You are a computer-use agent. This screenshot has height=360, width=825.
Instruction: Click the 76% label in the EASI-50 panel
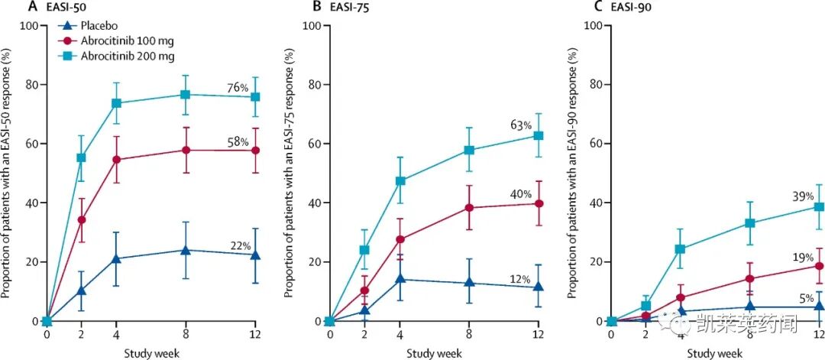(238, 89)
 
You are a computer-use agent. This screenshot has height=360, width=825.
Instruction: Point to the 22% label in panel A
(241, 245)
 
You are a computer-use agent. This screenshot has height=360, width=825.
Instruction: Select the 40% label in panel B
(522, 194)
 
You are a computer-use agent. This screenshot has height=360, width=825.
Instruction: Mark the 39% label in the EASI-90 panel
(803, 196)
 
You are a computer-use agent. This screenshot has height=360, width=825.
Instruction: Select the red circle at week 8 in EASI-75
(470, 208)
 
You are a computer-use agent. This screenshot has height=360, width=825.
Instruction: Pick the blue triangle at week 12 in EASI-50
(255, 255)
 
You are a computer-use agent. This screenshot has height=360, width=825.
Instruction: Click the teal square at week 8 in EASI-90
(751, 223)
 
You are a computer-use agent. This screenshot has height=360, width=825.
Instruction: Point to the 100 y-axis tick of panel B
(312, 25)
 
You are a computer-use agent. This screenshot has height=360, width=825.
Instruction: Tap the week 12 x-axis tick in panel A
(255, 333)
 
